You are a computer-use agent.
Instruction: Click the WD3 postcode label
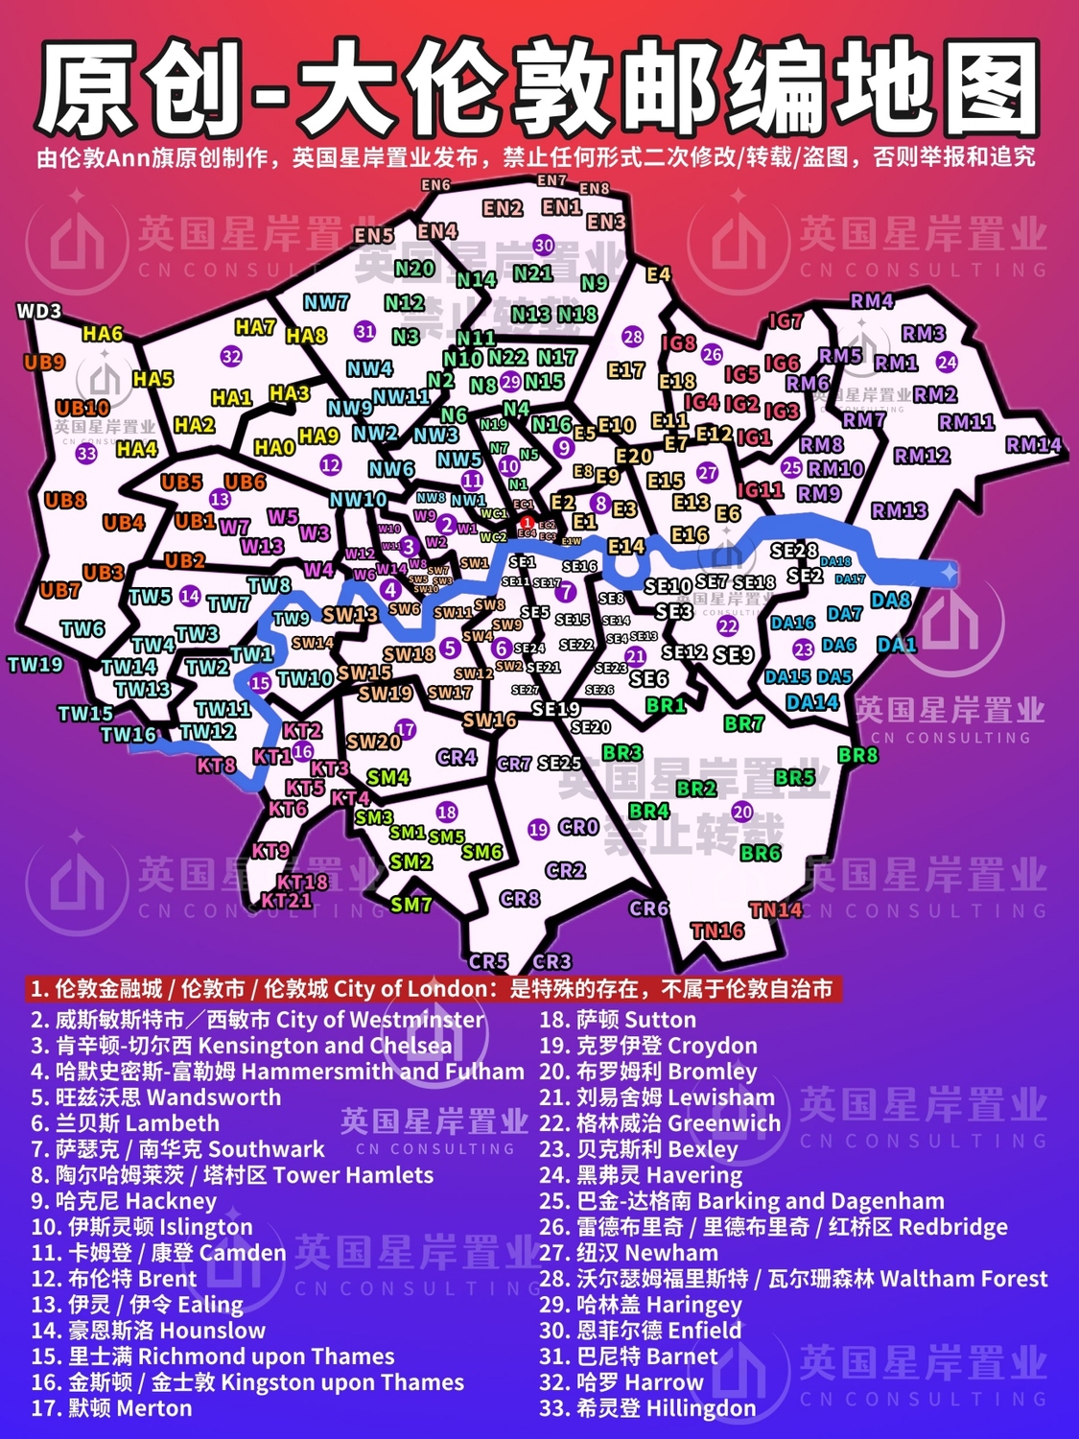[38, 311]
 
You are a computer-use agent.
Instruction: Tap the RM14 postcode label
[1034, 444]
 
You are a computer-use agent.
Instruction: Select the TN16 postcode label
[717, 930]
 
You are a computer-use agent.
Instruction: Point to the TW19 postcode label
[35, 664]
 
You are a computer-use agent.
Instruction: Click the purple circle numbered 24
[947, 362]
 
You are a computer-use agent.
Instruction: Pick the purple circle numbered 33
[86, 453]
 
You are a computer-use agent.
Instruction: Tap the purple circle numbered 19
[538, 829]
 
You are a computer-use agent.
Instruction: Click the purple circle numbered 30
[544, 245]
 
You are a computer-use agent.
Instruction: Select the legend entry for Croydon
[648, 1046]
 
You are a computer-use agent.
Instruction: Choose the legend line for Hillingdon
[647, 1408]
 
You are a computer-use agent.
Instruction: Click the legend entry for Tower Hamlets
[232, 1175]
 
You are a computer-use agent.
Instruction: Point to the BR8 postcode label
[857, 755]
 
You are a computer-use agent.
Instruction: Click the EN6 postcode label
[435, 185]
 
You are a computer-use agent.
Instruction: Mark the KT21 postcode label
[286, 900]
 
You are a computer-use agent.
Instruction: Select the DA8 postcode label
[890, 600]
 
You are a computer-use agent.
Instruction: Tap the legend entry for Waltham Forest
[793, 1279]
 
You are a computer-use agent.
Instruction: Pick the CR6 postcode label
[648, 908]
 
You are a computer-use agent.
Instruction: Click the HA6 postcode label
[103, 333]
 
